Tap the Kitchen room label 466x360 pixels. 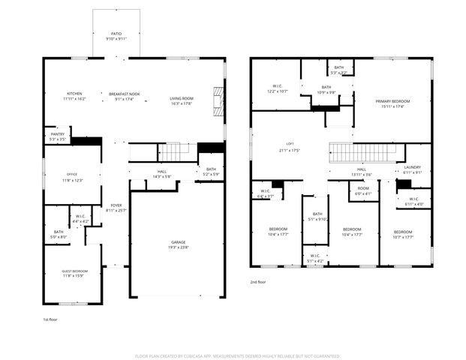75,96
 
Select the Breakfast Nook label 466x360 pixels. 125,96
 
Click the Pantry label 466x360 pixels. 57,136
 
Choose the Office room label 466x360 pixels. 72,178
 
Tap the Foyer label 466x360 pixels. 116,208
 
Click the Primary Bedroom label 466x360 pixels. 392,103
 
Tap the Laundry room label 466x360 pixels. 413,169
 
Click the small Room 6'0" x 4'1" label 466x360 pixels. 363,191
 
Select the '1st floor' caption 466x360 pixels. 50,319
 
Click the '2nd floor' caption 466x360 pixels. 258,282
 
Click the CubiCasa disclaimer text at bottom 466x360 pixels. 237,355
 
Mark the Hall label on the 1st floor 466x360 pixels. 162,174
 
